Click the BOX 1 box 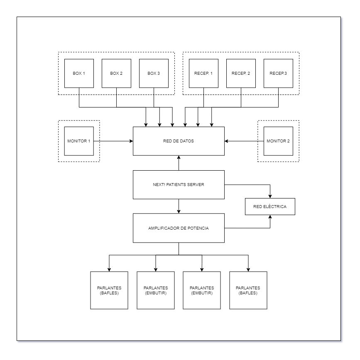(79, 73)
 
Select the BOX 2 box (116, 73)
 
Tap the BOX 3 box (154, 73)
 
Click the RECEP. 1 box (203, 73)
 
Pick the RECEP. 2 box (241, 73)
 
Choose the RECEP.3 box (278, 73)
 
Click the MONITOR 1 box (79, 141)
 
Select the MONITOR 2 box (278, 141)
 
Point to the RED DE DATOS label (179, 141)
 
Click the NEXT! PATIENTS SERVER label (179, 184)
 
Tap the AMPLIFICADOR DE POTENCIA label (179, 228)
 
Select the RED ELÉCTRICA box (270, 206)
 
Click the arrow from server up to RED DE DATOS (179, 163)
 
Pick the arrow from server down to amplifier (179, 206)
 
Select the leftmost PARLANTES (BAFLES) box (109, 290)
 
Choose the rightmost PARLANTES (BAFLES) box (248, 290)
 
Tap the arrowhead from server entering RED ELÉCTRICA (270, 196)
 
